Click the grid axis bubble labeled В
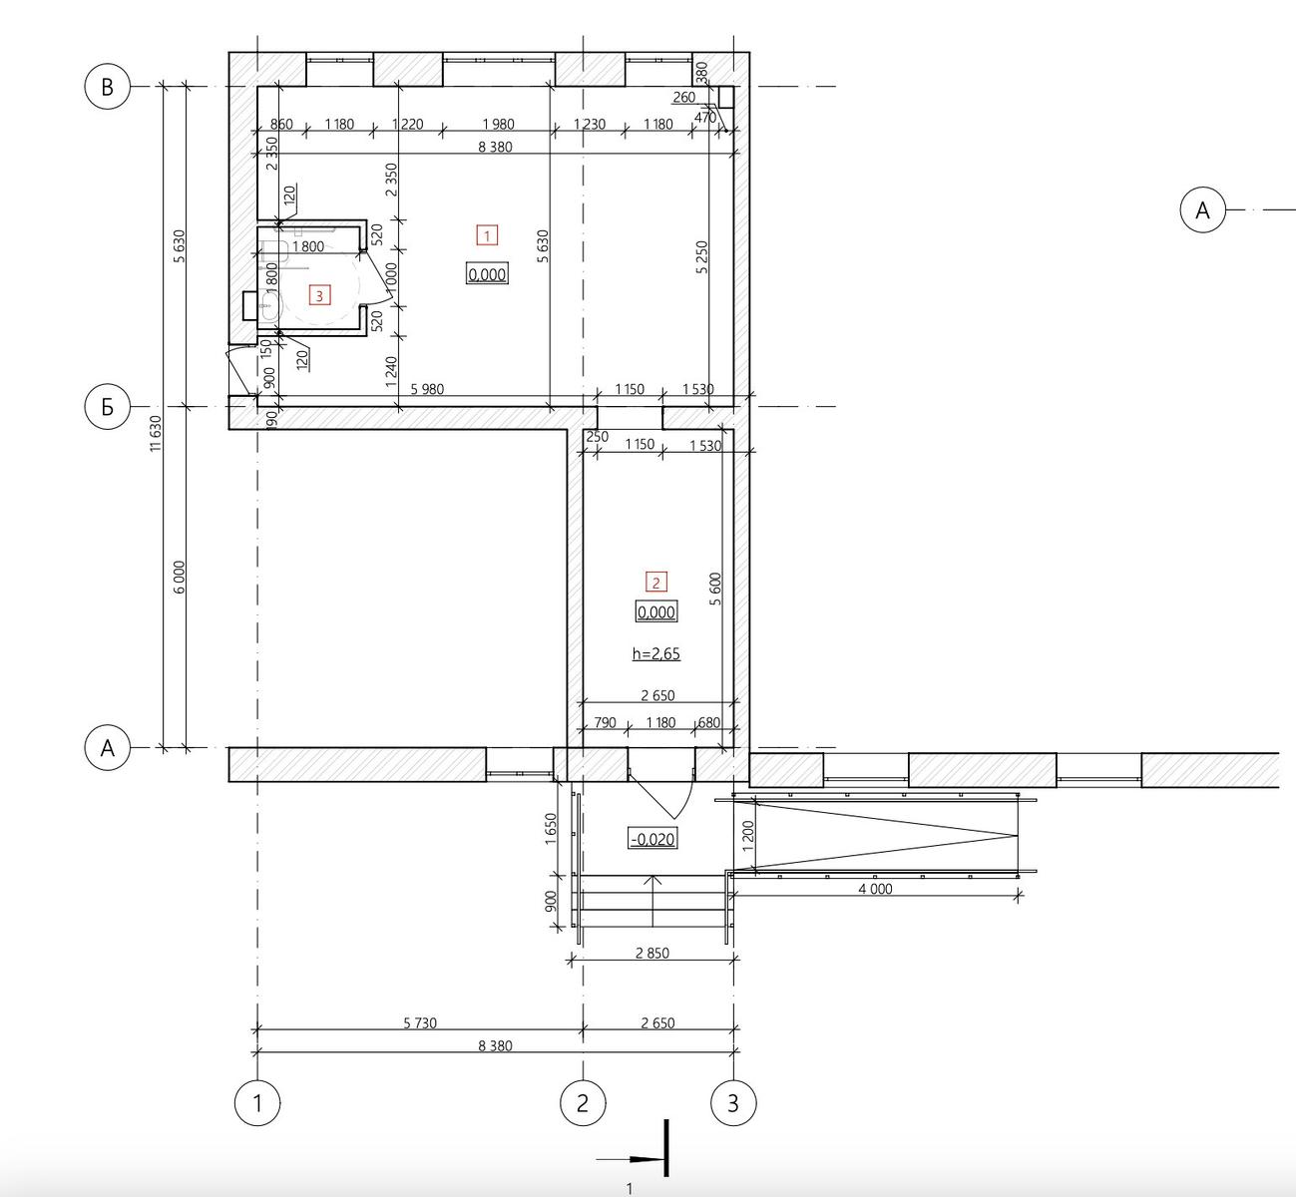[x=108, y=86]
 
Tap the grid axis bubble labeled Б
[x=108, y=407]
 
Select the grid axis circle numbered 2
[x=583, y=1103]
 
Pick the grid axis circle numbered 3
[x=733, y=1103]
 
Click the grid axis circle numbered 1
[x=257, y=1103]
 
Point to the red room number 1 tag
[x=488, y=235]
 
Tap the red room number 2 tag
[x=656, y=582]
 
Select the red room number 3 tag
[x=319, y=295]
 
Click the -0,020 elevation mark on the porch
[x=652, y=839]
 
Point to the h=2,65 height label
[x=656, y=653]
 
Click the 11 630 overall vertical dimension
[x=156, y=433]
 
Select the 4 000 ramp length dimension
[x=875, y=889]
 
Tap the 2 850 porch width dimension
[x=652, y=953]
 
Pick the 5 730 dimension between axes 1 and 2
[x=420, y=1022]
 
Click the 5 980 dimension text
[x=427, y=389]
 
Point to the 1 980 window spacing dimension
[x=498, y=124]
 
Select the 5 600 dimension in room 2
[x=716, y=589]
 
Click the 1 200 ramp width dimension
[x=748, y=834]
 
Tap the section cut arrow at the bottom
[x=633, y=1159]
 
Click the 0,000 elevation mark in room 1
[x=488, y=274]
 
